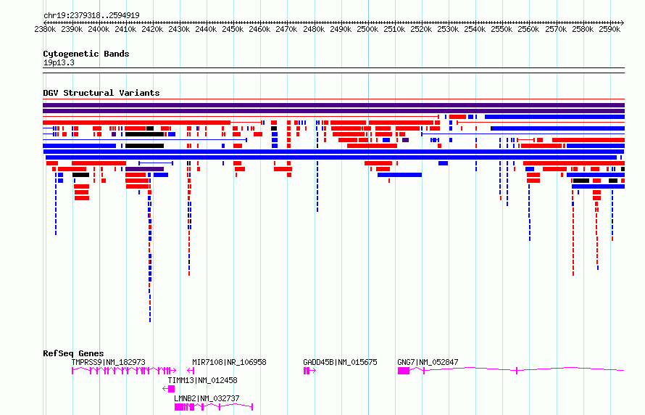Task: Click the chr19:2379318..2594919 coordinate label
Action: pyautogui.click(x=91, y=16)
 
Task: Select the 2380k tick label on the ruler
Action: pyautogui.click(x=45, y=29)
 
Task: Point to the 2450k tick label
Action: pyautogui.click(x=233, y=29)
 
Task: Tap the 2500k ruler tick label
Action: pyautogui.click(x=367, y=29)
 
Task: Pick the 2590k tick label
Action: pyautogui.click(x=609, y=29)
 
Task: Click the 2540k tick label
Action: pyautogui.click(x=475, y=29)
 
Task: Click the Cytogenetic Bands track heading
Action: pyautogui.click(x=86, y=54)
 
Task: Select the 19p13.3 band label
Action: pyautogui.click(x=59, y=62)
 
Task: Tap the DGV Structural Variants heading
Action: pyautogui.click(x=101, y=93)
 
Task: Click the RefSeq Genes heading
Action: pyautogui.click(x=73, y=353)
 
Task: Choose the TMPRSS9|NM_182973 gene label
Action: pyautogui.click(x=108, y=362)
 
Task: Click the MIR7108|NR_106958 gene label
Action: pyautogui.click(x=229, y=362)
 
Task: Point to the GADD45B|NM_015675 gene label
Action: pyautogui.click(x=340, y=362)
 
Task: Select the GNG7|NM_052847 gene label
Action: pyautogui.click(x=428, y=362)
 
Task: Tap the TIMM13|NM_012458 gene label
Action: pyautogui.click(x=202, y=380)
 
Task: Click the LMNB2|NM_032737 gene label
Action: pyautogui.click(x=207, y=398)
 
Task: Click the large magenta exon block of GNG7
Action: pyautogui.click(x=404, y=371)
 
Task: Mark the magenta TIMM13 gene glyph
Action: pyautogui.click(x=169, y=389)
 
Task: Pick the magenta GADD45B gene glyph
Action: pyautogui.click(x=309, y=371)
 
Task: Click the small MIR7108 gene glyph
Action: pyautogui.click(x=191, y=371)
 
